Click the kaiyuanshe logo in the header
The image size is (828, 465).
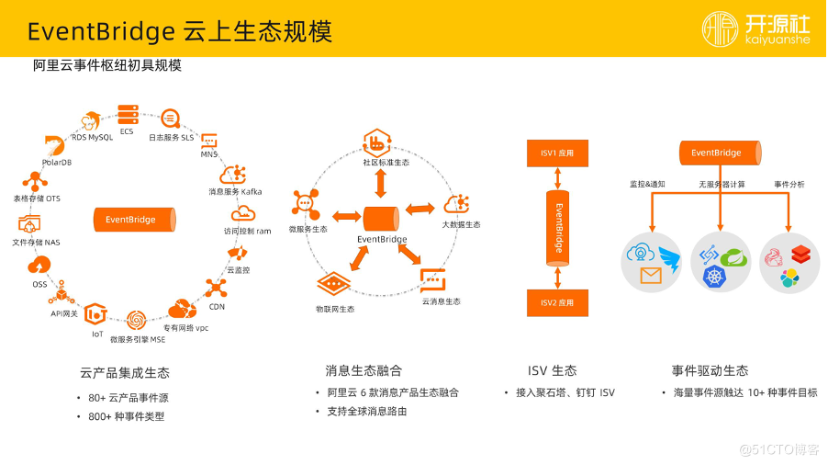click(757, 31)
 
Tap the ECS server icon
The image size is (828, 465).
click(128, 115)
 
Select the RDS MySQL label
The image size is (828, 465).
click(92, 137)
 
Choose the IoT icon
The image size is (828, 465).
click(96, 315)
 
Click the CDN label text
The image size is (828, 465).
click(217, 306)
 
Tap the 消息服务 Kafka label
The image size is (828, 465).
click(235, 191)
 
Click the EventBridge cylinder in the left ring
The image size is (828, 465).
click(130, 220)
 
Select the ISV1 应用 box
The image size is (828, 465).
click(557, 154)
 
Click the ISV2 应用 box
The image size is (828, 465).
click(557, 302)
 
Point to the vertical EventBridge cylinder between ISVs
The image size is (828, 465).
click(557, 228)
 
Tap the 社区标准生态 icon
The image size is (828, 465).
click(377, 142)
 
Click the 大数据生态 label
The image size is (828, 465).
click(461, 224)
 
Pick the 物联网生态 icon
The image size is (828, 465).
click(334, 284)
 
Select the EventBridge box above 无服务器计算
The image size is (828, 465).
click(719, 153)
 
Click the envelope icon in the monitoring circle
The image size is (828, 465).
click(651, 275)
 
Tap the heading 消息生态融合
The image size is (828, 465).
click(364, 371)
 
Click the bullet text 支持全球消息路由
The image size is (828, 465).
click(367, 411)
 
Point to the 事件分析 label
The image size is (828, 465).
click(789, 184)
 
